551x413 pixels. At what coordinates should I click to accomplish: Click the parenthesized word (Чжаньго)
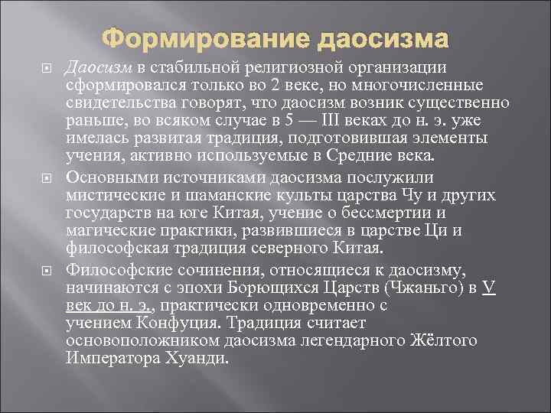[422, 287]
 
